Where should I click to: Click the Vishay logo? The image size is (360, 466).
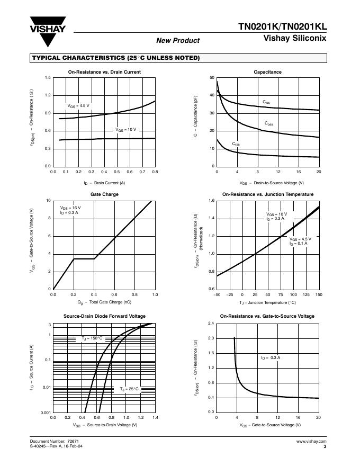click(x=48, y=32)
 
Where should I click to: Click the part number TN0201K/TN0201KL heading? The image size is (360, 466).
click(x=282, y=27)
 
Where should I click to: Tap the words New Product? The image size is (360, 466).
click(x=178, y=41)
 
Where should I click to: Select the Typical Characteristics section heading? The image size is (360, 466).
click(x=116, y=58)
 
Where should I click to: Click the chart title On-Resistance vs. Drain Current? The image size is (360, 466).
click(x=104, y=71)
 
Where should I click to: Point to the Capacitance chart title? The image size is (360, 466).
click(x=267, y=71)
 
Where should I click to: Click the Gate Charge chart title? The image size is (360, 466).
click(x=104, y=194)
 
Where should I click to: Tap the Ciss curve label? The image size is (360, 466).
click(x=266, y=102)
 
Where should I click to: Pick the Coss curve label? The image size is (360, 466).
click(x=269, y=123)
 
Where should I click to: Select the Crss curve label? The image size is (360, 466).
click(x=236, y=144)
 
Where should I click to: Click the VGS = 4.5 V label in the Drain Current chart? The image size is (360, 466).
click(x=78, y=106)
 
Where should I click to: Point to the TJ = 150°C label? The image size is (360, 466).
click(x=92, y=338)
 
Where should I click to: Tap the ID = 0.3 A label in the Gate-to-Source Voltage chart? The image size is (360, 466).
click(x=270, y=358)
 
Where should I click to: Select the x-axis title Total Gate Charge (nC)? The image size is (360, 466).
click(x=104, y=302)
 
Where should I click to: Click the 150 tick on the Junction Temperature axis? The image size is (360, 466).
click(x=318, y=294)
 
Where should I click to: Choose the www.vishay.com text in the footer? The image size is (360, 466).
click(x=311, y=441)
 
